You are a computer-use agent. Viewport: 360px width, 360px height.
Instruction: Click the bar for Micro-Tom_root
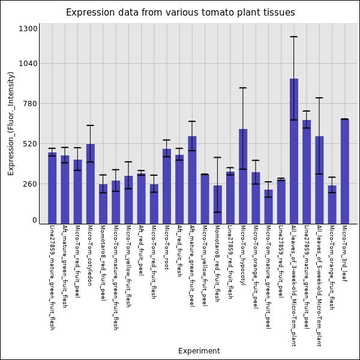point(166,186)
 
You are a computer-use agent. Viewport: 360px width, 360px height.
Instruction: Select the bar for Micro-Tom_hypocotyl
point(243,176)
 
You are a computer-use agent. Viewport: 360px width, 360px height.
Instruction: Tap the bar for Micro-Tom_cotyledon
point(90,184)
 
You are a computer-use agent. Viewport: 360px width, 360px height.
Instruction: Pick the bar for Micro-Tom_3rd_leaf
point(345,171)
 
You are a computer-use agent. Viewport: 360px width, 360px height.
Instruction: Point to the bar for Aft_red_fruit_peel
point(141,199)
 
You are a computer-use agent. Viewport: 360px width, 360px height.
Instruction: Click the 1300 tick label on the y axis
point(28,29)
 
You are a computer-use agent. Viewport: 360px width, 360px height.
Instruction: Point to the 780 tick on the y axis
point(30,104)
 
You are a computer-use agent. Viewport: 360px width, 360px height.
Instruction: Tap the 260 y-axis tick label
point(30,184)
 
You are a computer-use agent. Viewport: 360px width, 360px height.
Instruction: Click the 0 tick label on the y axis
point(35,220)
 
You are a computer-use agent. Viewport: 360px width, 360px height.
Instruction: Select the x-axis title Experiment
point(199,351)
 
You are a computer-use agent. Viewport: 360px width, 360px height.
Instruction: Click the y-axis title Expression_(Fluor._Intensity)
point(11,123)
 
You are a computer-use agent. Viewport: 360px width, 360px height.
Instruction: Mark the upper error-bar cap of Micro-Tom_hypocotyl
point(243,88)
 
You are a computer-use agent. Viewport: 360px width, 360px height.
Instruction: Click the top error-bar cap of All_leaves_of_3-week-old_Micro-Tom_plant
point(294,37)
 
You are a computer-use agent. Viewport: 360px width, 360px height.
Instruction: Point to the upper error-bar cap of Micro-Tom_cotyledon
point(90,125)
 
